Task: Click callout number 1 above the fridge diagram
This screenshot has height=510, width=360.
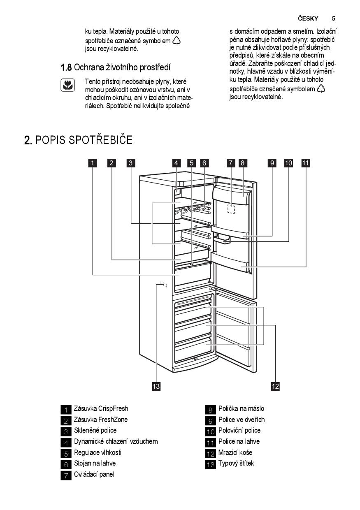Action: pyautogui.click(x=93, y=163)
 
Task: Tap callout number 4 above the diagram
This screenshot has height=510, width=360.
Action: pyautogui.click(x=176, y=163)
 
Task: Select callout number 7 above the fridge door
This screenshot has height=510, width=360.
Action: pyautogui.click(x=231, y=163)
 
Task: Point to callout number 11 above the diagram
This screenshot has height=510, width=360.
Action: pyautogui.click(x=306, y=163)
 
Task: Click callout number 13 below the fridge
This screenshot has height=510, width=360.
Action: pyautogui.click(x=156, y=386)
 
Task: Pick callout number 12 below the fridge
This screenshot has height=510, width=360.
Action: pyautogui.click(x=275, y=386)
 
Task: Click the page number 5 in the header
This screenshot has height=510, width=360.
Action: pyautogui.click(x=334, y=19)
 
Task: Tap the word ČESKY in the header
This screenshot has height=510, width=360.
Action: pyautogui.click(x=308, y=19)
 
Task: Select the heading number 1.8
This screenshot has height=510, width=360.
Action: pyautogui.click(x=66, y=67)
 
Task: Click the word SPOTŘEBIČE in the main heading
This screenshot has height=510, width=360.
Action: pyautogui.click(x=100, y=139)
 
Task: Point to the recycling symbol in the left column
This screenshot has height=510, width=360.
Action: pyautogui.click(x=177, y=41)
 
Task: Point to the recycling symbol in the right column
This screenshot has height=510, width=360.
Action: pyautogui.click(x=321, y=88)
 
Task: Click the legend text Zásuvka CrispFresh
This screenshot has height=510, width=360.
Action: pyautogui.click(x=101, y=408)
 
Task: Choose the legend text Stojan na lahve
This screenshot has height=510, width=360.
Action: pyautogui.click(x=95, y=463)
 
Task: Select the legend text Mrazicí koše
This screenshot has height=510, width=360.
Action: pyautogui.click(x=235, y=452)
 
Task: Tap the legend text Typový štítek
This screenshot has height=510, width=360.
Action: pyautogui.click(x=236, y=463)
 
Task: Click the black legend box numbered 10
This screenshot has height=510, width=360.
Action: pyautogui.click(x=210, y=431)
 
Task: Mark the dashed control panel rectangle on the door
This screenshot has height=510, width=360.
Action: pyautogui.click(x=231, y=209)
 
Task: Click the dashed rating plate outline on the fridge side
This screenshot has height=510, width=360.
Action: pyautogui.click(x=163, y=284)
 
